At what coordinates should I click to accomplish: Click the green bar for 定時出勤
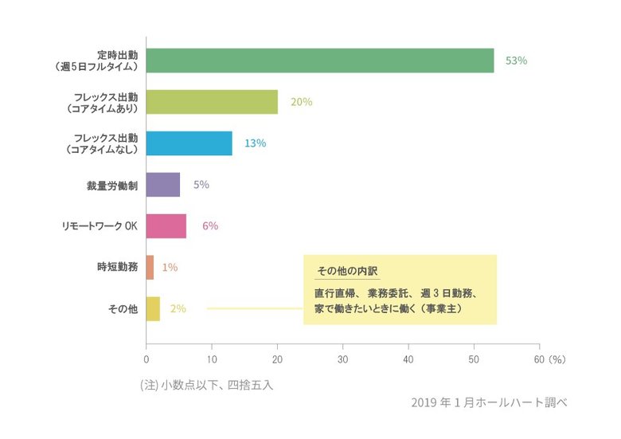319,61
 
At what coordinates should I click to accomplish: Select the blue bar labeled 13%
189,143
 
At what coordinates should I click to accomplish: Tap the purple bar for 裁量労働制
163,185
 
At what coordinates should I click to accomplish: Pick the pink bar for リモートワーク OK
166,226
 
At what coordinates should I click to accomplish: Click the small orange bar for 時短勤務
150,268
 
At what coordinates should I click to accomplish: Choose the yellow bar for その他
153,309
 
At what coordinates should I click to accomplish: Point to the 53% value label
517,61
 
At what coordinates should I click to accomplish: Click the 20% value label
301,102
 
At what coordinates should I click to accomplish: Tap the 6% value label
210,226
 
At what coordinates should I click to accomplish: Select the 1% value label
170,268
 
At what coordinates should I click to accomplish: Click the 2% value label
178,309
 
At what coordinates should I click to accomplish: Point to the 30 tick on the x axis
343,359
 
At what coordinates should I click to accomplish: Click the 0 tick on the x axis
146,359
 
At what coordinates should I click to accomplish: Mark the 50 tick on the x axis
474,359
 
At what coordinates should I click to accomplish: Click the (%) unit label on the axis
557,359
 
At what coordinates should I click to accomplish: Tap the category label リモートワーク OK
100,226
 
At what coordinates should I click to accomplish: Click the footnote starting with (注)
206,385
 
